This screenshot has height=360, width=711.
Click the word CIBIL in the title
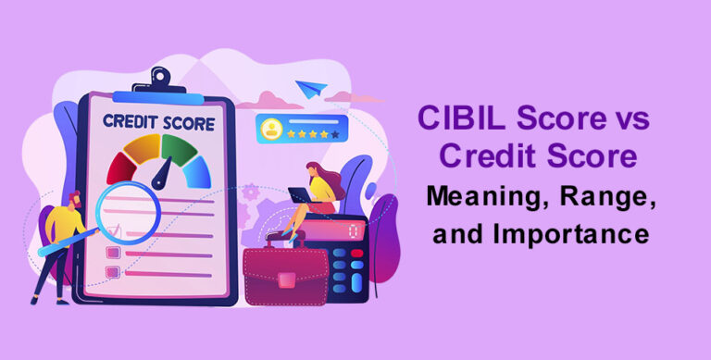tap(456, 118)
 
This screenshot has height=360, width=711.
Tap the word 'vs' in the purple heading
tap(630, 118)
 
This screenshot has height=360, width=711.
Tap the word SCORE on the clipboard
tap(187, 121)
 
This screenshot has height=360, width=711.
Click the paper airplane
tap(311, 90)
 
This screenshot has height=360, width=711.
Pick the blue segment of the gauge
tap(195, 168)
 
